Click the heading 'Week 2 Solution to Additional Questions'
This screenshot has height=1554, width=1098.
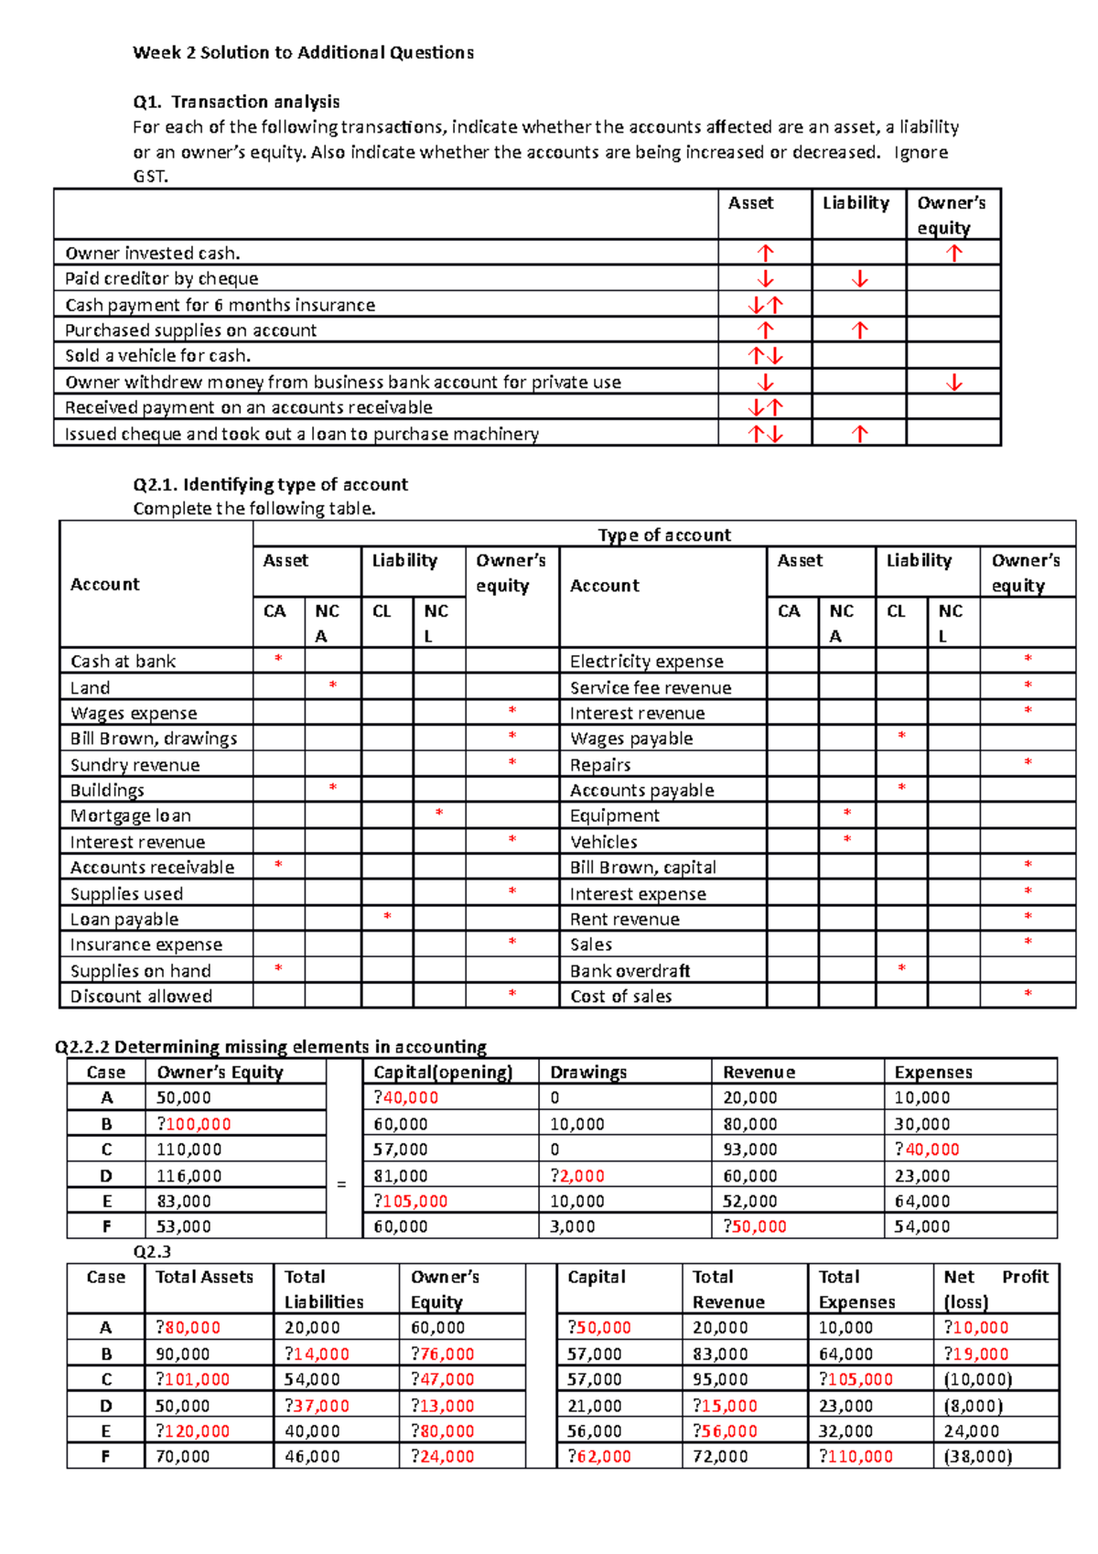303,53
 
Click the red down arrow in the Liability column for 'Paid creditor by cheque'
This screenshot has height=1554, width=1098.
859,279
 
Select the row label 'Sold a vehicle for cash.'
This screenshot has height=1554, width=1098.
157,356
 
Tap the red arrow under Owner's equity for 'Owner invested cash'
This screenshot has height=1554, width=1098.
953,254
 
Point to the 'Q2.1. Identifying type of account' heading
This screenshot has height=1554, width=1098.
270,484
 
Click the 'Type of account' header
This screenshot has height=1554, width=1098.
664,535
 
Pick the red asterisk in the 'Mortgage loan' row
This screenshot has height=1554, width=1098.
439,813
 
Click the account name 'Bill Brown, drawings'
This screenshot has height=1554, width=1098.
154,739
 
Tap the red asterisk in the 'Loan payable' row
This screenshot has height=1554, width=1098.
387,916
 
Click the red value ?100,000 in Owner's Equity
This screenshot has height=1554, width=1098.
194,1124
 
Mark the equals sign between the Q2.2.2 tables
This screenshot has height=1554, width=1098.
341,1184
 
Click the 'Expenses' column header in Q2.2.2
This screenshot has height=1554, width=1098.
933,1073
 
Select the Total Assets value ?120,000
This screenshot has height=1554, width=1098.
193,1431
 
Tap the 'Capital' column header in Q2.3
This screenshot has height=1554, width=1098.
597,1277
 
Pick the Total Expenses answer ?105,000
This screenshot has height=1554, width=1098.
856,1380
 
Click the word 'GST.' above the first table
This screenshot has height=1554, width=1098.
150,177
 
